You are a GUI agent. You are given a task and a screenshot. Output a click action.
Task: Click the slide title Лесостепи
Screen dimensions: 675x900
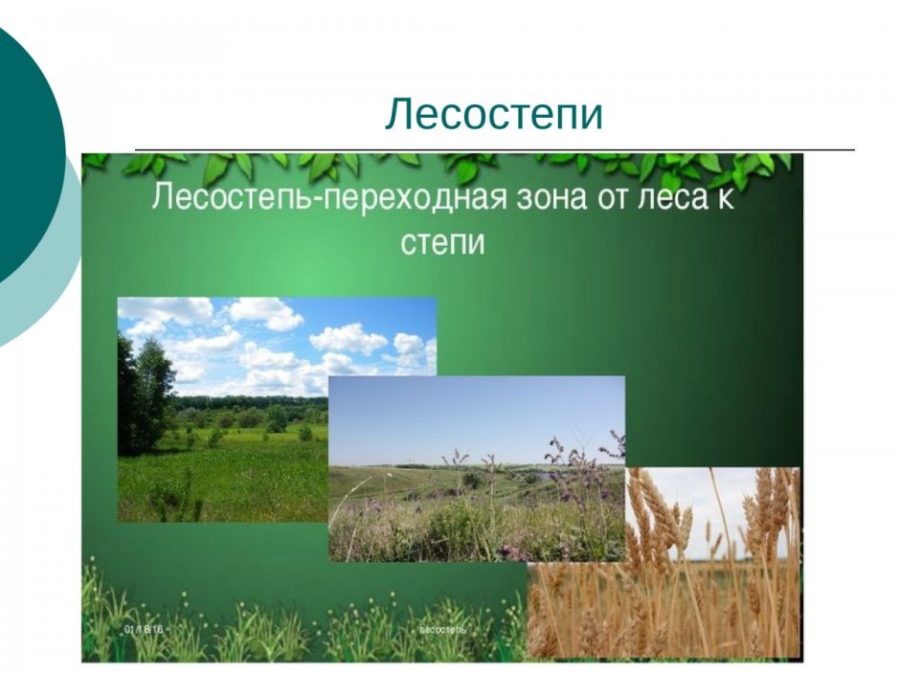(494, 115)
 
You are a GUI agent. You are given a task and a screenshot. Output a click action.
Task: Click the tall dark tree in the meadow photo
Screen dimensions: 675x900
(144, 393)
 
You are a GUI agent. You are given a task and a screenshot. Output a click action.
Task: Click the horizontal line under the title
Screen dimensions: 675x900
(494, 150)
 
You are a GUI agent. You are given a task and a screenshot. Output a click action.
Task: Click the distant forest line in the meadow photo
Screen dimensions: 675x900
(249, 402)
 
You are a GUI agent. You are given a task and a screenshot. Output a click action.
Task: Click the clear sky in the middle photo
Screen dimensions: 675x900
(477, 412)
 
